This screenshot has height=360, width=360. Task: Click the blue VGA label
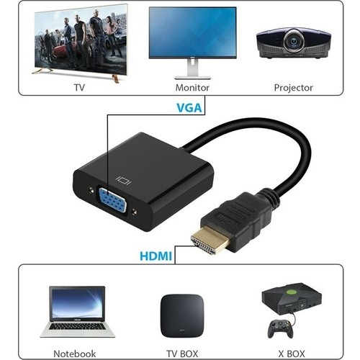[x=189, y=108]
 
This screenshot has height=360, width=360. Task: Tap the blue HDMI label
[x=156, y=256]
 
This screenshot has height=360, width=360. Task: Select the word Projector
[x=293, y=88]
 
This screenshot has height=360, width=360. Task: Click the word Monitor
[x=192, y=88]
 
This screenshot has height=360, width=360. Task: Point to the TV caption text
[x=79, y=88]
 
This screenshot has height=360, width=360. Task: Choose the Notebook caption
[x=74, y=354]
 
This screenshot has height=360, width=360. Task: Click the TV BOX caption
[x=182, y=354]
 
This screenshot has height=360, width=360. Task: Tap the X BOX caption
[x=292, y=354]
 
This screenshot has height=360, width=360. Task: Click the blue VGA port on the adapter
[x=112, y=200]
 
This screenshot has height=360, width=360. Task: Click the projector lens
[x=293, y=42]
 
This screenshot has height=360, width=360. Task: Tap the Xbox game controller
[x=280, y=329]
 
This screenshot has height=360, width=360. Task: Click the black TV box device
[x=182, y=315]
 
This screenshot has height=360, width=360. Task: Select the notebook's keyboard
[x=77, y=327]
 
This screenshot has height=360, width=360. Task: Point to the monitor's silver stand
[x=192, y=70]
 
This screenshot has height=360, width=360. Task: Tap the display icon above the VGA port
[x=124, y=180]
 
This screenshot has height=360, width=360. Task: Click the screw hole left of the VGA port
[x=91, y=190]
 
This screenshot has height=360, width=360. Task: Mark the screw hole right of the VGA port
[x=135, y=212]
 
